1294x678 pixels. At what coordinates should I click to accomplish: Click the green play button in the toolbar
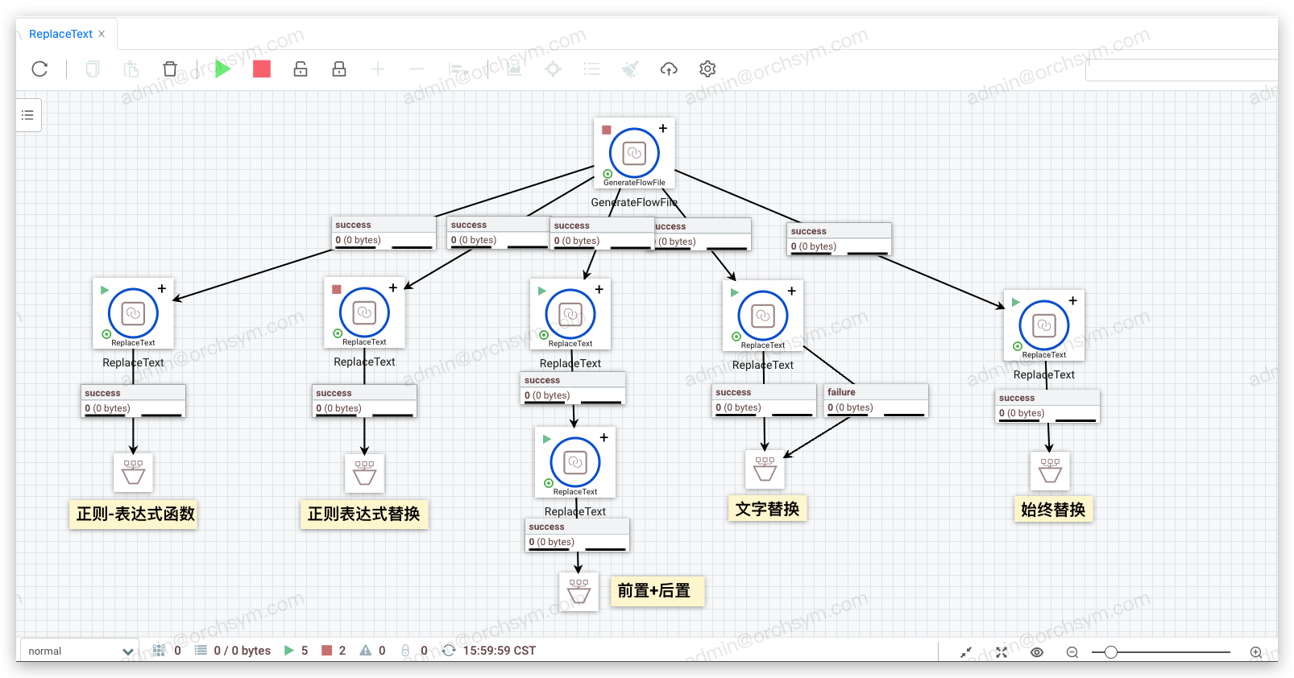point(222,69)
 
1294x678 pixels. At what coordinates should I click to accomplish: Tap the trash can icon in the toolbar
point(169,69)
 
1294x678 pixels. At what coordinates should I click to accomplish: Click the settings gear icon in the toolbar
point(707,69)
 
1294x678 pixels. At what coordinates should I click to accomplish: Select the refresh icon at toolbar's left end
point(39,69)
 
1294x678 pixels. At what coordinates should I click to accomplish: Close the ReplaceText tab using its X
point(102,34)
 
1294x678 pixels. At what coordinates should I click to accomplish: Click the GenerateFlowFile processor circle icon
point(634,153)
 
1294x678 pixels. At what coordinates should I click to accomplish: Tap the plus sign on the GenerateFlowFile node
point(663,129)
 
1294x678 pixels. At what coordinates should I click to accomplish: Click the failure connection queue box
point(876,400)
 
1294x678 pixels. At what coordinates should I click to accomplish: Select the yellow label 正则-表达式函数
point(135,514)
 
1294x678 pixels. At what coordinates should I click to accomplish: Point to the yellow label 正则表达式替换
point(363,514)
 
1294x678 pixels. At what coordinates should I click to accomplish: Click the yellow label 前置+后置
point(654,591)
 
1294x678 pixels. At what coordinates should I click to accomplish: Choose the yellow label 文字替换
point(767,509)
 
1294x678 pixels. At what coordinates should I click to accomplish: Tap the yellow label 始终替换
point(1052,510)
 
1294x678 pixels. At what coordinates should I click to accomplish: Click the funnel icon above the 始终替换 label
point(1050,471)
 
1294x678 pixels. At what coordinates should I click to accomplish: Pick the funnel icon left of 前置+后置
point(579,592)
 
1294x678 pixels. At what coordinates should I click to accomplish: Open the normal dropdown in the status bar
point(79,651)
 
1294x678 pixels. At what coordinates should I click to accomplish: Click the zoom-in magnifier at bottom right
point(1255,652)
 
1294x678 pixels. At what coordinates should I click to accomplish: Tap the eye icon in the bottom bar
point(1037,652)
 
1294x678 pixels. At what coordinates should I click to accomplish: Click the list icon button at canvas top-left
point(28,115)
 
